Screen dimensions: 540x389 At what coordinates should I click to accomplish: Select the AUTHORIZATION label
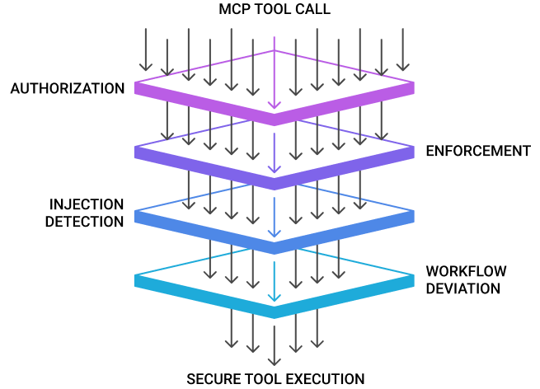point(68,88)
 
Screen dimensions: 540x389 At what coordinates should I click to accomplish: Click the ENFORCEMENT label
point(478,151)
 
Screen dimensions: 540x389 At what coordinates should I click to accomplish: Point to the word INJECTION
point(87,204)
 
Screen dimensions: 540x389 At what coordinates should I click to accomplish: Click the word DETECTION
point(84,222)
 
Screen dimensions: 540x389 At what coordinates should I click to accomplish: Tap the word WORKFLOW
point(467,271)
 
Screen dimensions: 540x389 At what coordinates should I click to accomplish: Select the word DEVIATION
point(463,288)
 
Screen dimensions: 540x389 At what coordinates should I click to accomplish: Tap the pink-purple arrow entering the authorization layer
point(275,73)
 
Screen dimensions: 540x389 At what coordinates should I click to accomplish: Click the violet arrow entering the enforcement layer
point(275,153)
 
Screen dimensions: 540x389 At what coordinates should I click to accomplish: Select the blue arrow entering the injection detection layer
point(275,218)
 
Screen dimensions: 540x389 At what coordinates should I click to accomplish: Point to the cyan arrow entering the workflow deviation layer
point(275,282)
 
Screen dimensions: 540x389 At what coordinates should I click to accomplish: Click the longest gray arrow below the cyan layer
point(275,345)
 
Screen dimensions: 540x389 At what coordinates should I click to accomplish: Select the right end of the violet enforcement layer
point(414,152)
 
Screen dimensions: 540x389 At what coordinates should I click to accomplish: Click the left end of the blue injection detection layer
point(135,217)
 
